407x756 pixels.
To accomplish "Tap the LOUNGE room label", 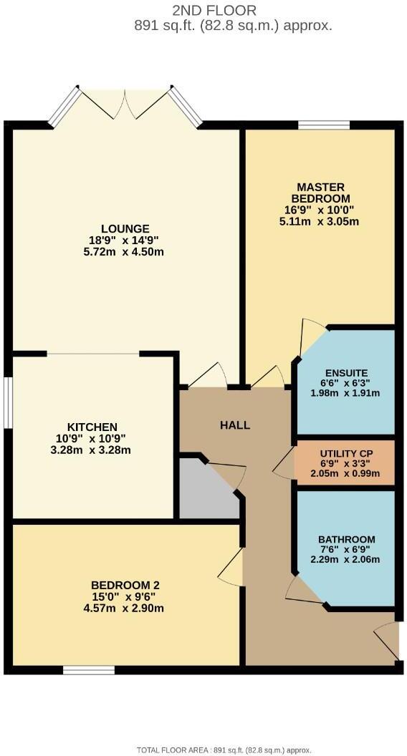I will (x=125, y=229).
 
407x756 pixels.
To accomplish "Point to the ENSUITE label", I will (x=346, y=372).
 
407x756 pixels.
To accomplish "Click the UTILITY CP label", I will (x=346, y=454).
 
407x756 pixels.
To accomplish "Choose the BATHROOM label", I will (x=347, y=539).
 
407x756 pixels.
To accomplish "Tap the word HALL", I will (x=235, y=425).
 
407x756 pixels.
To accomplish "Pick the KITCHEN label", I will (x=92, y=427).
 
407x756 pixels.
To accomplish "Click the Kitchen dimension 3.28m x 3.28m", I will (x=92, y=450).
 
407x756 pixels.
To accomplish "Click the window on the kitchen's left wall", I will (x=9, y=402).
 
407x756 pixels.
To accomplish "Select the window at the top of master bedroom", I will (x=324, y=125).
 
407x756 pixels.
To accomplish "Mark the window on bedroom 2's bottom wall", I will (x=89, y=670).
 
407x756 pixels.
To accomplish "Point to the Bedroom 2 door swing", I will (x=231, y=570).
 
